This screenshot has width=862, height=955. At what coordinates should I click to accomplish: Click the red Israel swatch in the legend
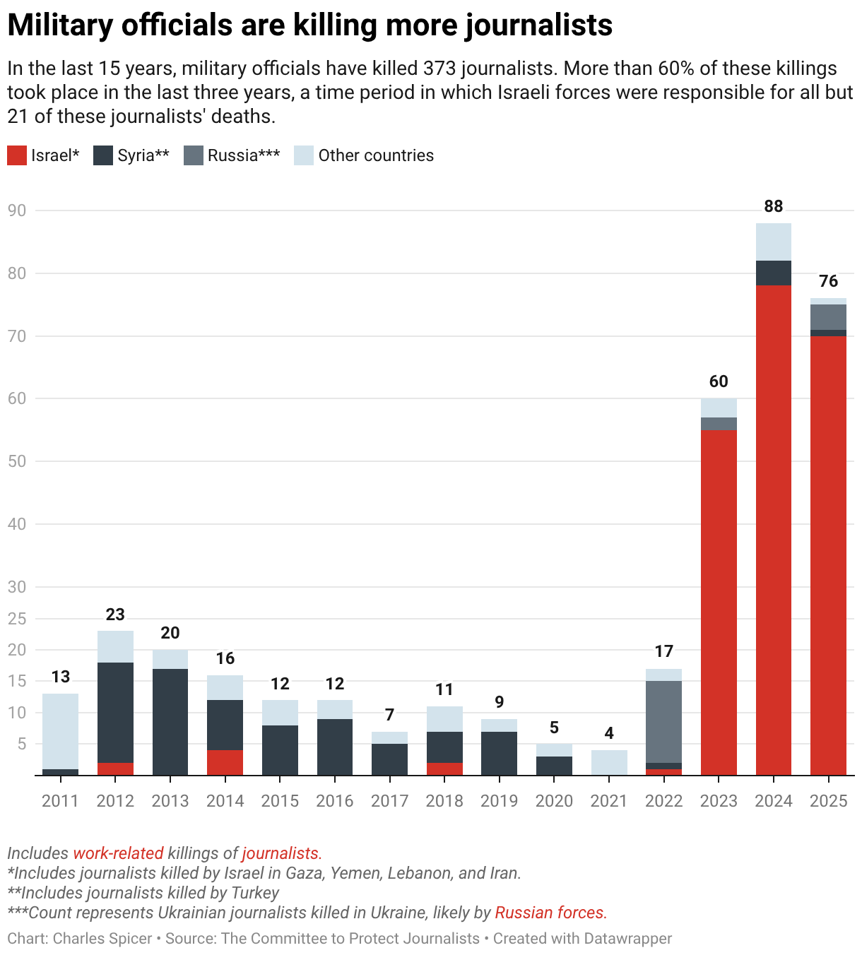tap(17, 155)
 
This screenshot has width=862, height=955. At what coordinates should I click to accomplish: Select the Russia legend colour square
tap(194, 155)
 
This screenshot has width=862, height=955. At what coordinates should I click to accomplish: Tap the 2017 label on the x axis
tap(389, 801)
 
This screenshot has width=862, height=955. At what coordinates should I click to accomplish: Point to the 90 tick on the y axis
tap(16, 210)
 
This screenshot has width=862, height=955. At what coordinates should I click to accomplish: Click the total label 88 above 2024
tap(774, 206)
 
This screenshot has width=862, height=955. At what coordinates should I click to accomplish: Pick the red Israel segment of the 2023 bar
tap(719, 600)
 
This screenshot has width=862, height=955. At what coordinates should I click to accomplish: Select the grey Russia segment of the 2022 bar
tap(663, 721)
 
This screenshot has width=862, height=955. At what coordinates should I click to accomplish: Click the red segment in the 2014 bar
tap(225, 763)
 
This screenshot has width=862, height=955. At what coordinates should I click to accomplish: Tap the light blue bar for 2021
tap(609, 763)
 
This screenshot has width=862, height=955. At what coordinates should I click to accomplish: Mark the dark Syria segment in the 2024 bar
tap(774, 273)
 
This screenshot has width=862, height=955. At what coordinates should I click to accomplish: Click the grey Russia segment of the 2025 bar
tap(828, 317)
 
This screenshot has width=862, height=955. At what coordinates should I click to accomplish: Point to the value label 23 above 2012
tap(115, 615)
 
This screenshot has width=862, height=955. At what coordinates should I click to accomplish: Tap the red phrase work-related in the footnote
tap(118, 853)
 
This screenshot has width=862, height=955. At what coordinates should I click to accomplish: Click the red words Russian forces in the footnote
tap(550, 913)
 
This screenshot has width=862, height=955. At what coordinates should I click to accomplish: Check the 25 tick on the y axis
tap(16, 619)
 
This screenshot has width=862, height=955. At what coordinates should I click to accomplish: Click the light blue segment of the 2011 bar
tap(60, 731)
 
